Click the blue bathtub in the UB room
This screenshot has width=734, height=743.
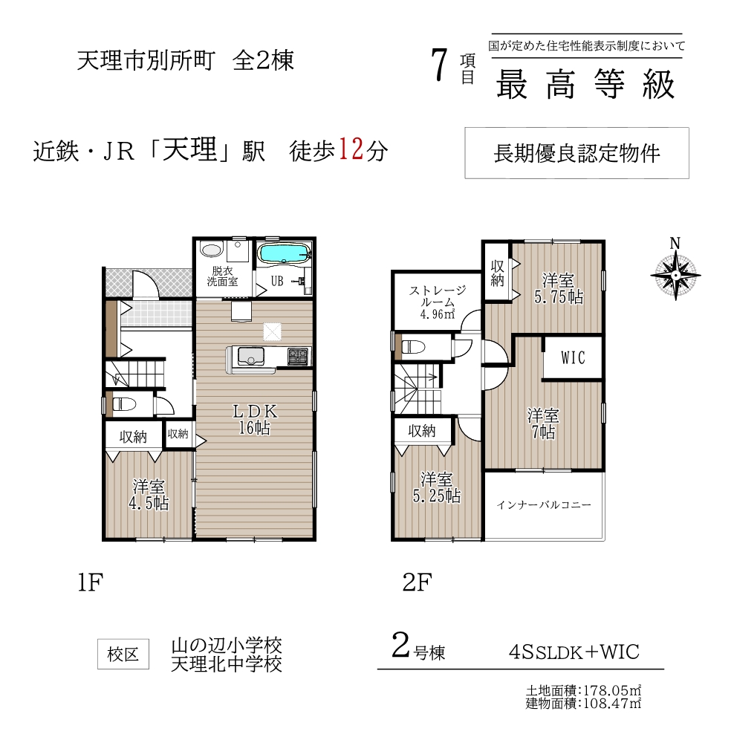tap(284, 253)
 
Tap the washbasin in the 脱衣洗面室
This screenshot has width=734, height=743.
tap(211, 249)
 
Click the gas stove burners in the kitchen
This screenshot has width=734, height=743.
tap(298, 356)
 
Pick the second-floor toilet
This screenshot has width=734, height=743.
tap(412, 347)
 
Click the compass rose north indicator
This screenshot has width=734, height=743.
tap(675, 270)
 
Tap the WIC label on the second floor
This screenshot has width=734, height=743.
tap(572, 358)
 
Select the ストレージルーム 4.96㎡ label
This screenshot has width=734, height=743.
tap(438, 302)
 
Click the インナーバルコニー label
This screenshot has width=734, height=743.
tap(544, 505)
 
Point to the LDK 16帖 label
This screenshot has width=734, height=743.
tap(255, 420)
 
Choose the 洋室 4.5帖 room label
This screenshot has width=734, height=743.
tap(149, 495)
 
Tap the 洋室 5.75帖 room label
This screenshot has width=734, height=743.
tap(559, 288)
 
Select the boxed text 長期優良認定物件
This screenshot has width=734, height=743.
tap(577, 153)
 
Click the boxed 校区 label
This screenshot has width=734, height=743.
tap(123, 655)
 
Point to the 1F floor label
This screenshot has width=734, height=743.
tap(91, 583)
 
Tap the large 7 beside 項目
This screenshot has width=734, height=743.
tap(440, 65)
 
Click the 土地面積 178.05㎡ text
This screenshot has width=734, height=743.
tap(583, 690)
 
